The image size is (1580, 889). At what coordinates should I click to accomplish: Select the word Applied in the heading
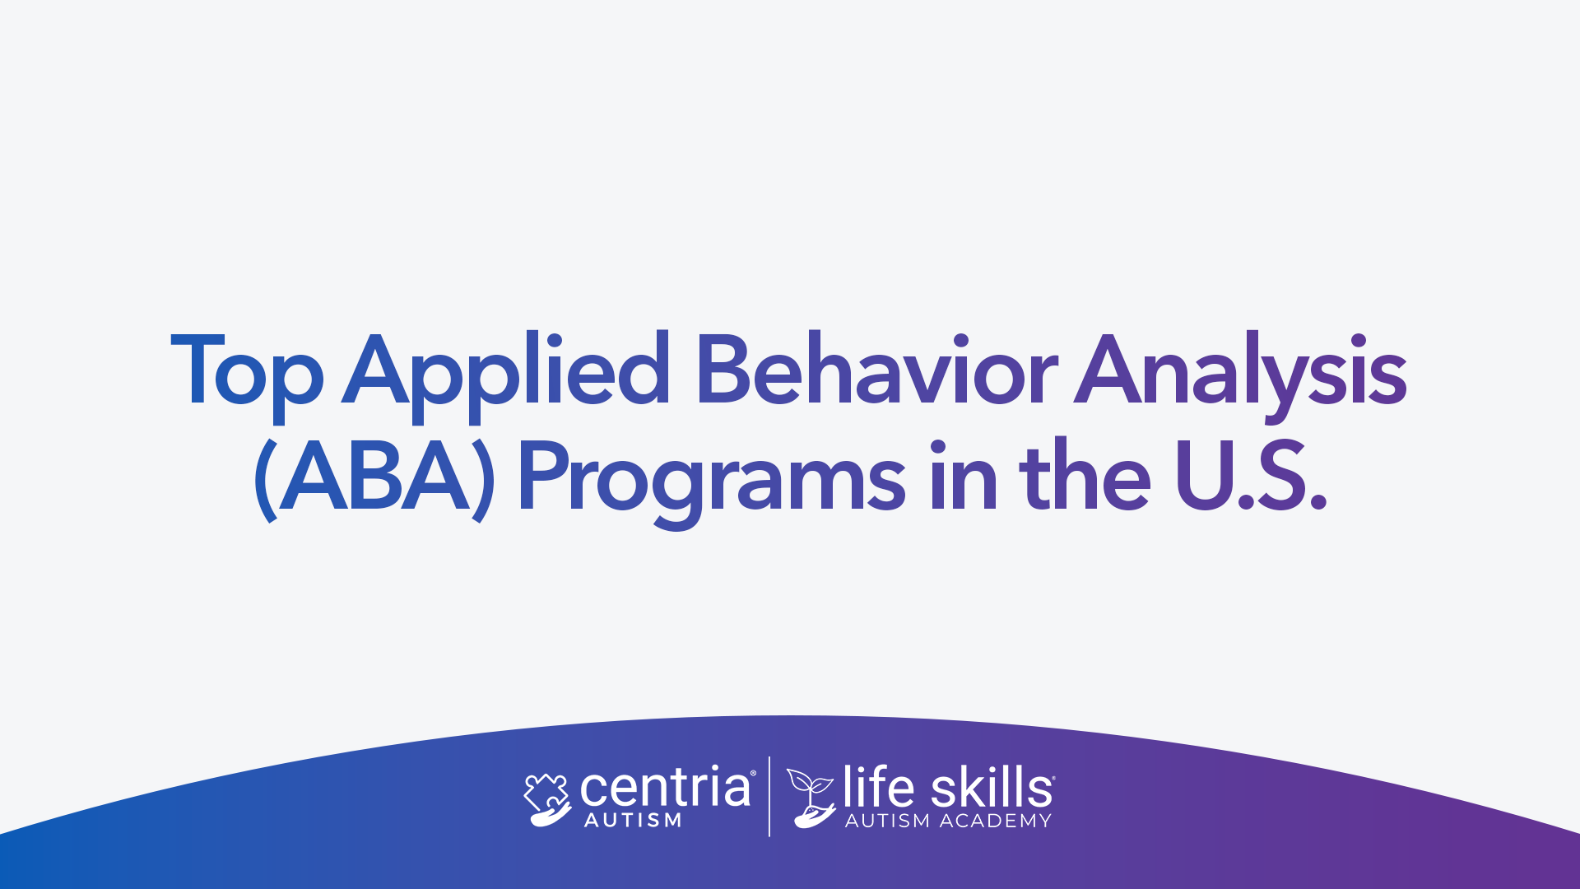tap(506, 376)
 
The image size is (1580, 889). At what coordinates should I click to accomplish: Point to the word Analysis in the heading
tap(1241, 378)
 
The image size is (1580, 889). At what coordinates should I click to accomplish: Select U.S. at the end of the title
tap(1252, 475)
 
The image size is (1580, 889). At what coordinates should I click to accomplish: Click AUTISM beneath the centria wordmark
tap(633, 820)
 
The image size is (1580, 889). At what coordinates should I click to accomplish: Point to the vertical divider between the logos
tap(769, 796)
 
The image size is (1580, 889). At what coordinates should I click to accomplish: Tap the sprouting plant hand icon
tap(811, 798)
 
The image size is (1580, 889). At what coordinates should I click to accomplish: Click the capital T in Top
tap(198, 370)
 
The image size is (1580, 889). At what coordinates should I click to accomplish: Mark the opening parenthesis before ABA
tap(265, 480)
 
